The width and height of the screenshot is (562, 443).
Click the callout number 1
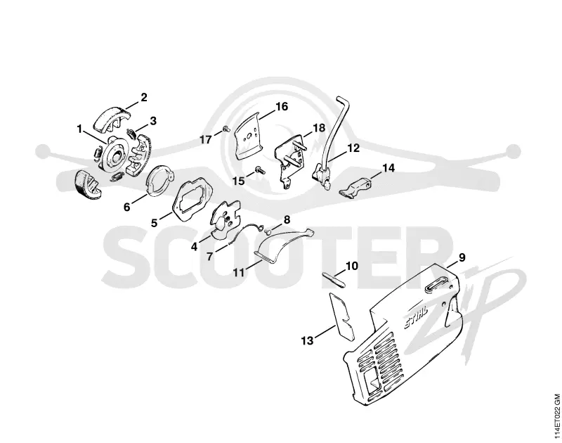(x=79, y=129)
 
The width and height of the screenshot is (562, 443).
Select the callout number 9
(x=462, y=257)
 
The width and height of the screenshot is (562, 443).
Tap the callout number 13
(x=307, y=340)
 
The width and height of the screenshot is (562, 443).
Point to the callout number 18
(x=319, y=128)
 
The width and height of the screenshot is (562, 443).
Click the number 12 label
(x=353, y=148)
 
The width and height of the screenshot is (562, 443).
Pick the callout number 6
(x=127, y=207)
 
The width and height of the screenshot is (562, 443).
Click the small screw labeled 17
(x=226, y=129)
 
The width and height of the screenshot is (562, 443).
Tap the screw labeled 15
(x=259, y=169)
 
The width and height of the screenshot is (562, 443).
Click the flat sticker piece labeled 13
(x=342, y=316)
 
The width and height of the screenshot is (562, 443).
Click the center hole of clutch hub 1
(x=117, y=156)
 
